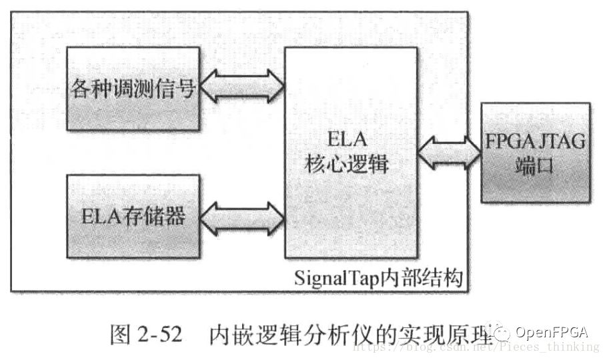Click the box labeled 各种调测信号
coord(133,89)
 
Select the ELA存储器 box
coord(133,217)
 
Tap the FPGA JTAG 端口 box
coord(535,153)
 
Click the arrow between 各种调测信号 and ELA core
coord(241,87)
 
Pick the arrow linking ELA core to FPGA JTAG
coord(448,152)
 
